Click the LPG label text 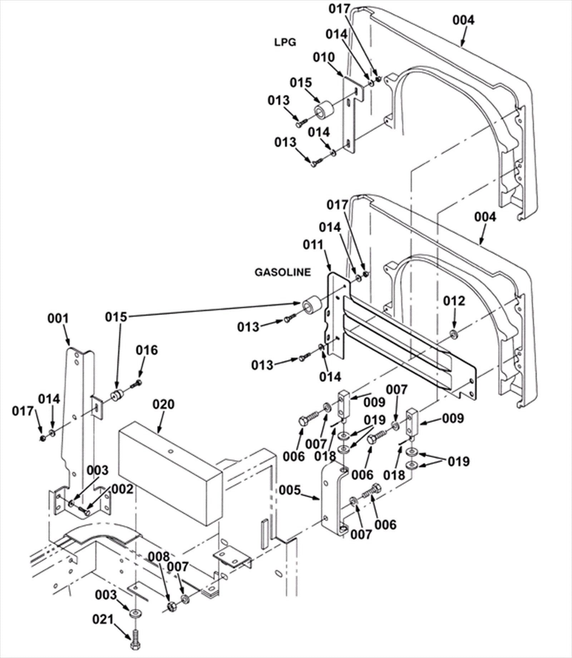[x=285, y=42]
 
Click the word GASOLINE [x=282, y=272]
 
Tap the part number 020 [x=163, y=404]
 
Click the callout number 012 [x=454, y=301]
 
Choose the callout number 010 [x=324, y=57]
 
